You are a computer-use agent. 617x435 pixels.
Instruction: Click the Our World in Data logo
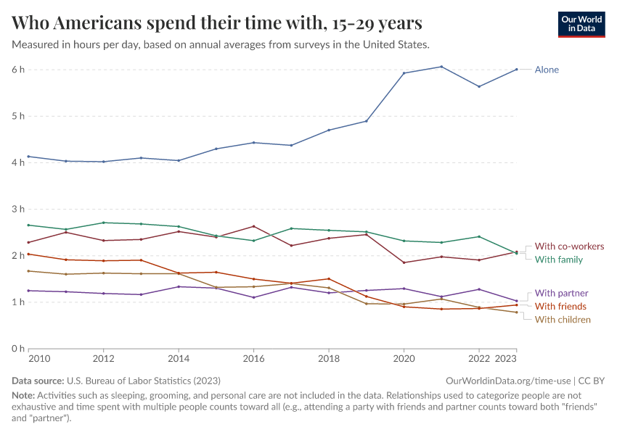click(581, 24)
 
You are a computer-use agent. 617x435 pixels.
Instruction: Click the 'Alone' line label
click(547, 70)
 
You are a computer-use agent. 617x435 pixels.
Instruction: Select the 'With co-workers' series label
click(569, 246)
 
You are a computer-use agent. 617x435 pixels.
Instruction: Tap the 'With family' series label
click(558, 260)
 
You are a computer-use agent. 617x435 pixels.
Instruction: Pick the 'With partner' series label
click(561, 293)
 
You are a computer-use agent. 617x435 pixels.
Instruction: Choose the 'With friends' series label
click(560, 307)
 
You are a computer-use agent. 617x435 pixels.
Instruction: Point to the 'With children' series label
click(563, 320)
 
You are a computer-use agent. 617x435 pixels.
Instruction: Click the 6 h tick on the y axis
click(18, 70)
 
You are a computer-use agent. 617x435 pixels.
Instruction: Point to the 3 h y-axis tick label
click(18, 209)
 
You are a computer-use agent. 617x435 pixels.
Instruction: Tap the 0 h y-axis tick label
click(18, 348)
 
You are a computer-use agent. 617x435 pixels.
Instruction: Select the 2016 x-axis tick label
click(253, 359)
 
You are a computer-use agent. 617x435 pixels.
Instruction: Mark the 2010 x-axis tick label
click(38, 359)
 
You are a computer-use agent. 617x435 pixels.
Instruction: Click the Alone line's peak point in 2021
click(441, 67)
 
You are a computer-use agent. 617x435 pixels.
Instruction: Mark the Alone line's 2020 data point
click(404, 73)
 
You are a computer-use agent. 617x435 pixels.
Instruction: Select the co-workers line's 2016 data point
click(253, 226)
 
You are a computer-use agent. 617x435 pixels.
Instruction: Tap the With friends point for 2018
click(329, 278)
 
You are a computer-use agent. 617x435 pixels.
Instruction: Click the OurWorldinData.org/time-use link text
click(507, 381)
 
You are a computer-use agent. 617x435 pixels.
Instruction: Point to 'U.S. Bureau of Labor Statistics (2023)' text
click(143, 381)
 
